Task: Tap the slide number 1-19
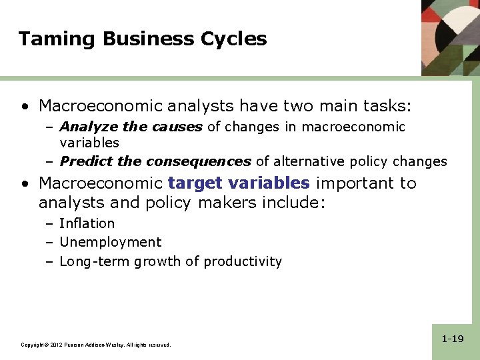point(453,339)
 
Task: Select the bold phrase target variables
point(239,183)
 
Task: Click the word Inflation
point(87,223)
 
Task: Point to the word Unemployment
point(110,242)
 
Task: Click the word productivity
point(243,261)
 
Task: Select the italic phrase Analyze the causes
point(131,127)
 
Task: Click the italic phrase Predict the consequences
point(155,161)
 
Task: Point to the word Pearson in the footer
point(74,345)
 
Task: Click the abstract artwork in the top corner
point(450,37)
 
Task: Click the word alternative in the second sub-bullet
point(305,161)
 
